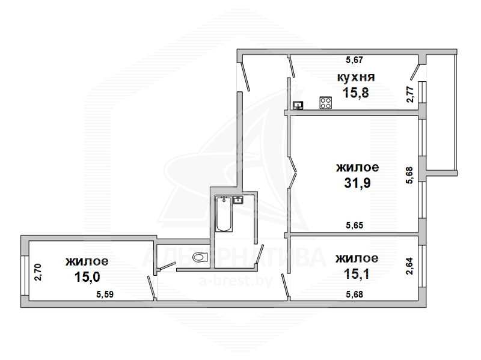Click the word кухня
[356, 78]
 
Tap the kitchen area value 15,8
[356, 93]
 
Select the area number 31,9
[357, 183]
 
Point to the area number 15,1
[357, 273]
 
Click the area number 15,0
[87, 277]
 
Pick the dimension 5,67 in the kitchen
[354, 59]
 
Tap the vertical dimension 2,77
[410, 94]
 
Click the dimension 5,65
[354, 225]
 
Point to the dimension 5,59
[105, 294]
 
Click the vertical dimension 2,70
[38, 272]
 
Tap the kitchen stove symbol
[326, 103]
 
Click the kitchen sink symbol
[298, 105]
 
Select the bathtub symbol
[224, 214]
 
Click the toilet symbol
[200, 257]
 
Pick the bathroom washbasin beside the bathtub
[238, 200]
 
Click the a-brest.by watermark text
[236, 281]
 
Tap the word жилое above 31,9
[357, 168]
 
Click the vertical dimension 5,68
[410, 175]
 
